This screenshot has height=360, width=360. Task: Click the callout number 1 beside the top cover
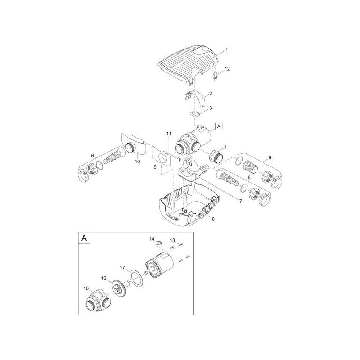(227, 50)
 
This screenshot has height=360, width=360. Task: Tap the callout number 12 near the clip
(227, 69)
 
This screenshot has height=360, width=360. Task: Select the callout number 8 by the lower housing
(213, 219)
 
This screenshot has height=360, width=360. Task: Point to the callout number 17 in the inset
(122, 268)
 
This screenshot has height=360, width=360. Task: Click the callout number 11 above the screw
(169, 134)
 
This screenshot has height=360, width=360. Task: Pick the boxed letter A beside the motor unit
(219, 126)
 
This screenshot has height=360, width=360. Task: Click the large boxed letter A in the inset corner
(84, 238)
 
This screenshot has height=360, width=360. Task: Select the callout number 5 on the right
(270, 158)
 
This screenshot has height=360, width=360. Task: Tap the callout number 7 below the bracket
(241, 201)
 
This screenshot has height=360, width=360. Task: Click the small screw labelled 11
(179, 158)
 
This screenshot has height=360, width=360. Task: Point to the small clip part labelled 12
(215, 76)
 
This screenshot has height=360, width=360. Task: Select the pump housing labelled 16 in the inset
(98, 301)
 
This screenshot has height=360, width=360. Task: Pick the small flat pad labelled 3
(195, 114)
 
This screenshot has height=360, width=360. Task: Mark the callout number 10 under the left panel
(137, 162)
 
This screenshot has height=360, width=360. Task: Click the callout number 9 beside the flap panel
(155, 167)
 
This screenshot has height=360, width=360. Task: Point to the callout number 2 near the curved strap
(211, 94)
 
